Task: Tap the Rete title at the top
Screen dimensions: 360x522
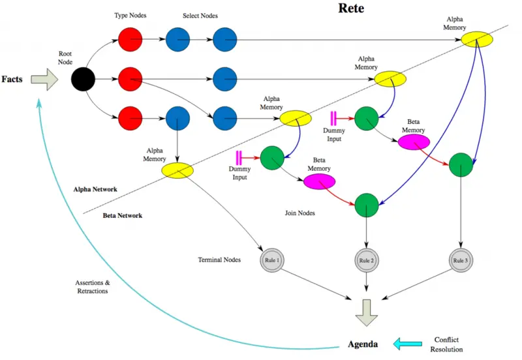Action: [x=351, y=9]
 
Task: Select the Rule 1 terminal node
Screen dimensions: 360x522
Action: [x=271, y=260]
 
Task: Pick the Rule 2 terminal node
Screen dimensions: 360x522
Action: [x=365, y=260]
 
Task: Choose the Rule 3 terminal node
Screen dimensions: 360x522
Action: [x=461, y=260]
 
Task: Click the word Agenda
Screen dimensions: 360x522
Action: [x=363, y=343]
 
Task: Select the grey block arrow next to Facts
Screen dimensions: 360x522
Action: [x=45, y=80]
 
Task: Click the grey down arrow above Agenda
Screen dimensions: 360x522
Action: [x=366, y=310]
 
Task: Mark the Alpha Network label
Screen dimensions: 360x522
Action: [x=95, y=189]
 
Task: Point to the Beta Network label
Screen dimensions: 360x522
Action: [x=123, y=215]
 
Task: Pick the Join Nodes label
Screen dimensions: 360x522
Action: [x=301, y=213]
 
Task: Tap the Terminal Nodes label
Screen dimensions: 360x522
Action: [x=219, y=260]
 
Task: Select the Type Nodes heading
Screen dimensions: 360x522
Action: [x=130, y=14]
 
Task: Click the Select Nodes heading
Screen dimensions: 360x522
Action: [x=200, y=14]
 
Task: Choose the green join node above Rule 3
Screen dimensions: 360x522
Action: [x=461, y=164]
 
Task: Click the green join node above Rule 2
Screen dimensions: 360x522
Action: [x=365, y=205]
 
